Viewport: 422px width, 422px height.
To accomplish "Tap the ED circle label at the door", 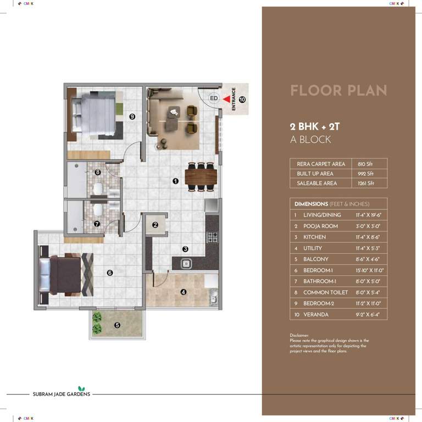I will [x=214, y=98].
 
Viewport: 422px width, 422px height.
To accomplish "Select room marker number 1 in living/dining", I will [x=175, y=180].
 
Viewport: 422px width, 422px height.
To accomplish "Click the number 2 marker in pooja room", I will [x=156, y=224].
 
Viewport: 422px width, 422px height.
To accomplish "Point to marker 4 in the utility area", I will [x=183, y=292].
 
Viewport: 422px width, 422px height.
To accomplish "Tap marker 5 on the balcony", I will [x=117, y=325].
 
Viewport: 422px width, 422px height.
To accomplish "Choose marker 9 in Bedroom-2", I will [x=132, y=116].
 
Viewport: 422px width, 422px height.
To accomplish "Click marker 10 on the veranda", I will [x=242, y=99].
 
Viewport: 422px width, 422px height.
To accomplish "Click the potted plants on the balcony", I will [x=97, y=324].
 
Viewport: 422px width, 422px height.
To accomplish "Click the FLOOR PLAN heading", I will [x=338, y=91].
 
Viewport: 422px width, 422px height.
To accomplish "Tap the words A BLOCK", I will [x=310, y=140].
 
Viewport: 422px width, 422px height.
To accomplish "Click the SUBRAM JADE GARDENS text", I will [x=60, y=394].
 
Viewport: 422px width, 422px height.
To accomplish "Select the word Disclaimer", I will [x=300, y=335].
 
